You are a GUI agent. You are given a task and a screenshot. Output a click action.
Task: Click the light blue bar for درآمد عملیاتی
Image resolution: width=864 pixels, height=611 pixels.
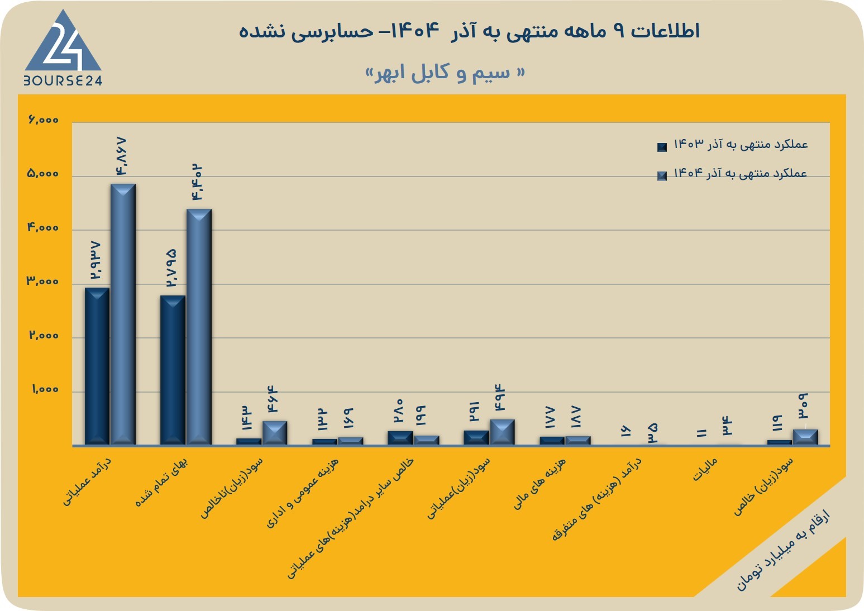123,314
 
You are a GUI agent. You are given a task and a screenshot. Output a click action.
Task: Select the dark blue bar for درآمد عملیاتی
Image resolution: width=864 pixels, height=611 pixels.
97,366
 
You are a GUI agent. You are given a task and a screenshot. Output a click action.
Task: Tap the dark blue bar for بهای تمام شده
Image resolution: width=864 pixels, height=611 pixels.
173,370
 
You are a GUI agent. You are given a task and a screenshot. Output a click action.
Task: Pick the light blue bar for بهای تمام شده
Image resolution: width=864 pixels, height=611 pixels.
199,327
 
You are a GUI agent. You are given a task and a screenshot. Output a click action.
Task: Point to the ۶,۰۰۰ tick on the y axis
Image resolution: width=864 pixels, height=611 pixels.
43,120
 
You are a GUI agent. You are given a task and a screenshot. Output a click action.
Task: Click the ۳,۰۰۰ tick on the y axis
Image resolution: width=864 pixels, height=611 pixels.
42,281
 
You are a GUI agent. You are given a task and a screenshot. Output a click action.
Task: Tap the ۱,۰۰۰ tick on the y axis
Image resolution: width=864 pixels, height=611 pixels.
45,389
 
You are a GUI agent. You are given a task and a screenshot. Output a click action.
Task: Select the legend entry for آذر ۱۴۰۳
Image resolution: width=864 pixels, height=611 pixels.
732,145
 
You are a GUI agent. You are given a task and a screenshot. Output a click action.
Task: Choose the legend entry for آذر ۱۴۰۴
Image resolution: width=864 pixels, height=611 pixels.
732,174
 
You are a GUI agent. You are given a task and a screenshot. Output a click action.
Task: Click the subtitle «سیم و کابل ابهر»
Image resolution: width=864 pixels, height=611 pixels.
445,73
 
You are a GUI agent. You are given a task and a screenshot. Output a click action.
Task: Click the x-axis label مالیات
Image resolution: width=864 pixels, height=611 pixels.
705,470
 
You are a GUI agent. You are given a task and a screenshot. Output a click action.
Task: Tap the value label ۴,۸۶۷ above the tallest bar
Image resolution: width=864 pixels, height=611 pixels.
120,156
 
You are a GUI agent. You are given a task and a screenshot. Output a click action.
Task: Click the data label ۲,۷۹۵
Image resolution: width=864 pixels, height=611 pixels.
171,268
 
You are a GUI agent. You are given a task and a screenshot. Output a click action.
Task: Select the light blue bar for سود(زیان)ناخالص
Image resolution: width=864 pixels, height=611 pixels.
275,433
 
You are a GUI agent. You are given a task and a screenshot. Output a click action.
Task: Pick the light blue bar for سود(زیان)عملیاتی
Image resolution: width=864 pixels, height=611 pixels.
502,432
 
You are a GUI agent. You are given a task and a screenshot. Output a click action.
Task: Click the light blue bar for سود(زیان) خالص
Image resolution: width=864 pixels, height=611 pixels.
806,437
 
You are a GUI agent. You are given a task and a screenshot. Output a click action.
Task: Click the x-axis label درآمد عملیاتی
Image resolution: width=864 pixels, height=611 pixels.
87,481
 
